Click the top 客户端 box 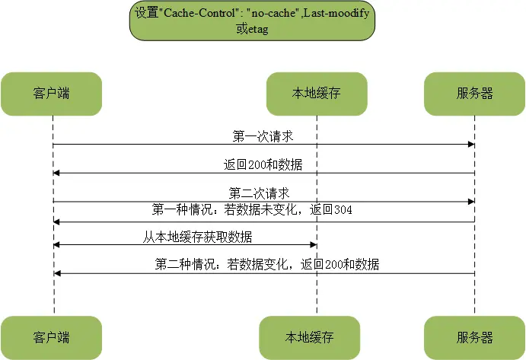click(52, 94)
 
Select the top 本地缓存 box click(316, 94)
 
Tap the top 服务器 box click(475, 94)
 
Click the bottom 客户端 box click(52, 337)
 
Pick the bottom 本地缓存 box click(309, 337)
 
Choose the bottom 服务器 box click(475, 337)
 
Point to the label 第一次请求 click(263, 136)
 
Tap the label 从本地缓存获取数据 click(198, 236)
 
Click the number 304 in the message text click(341, 209)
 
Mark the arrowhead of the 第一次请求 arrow click(472, 145)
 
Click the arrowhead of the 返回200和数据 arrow click(56, 174)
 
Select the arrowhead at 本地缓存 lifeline click(312, 245)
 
